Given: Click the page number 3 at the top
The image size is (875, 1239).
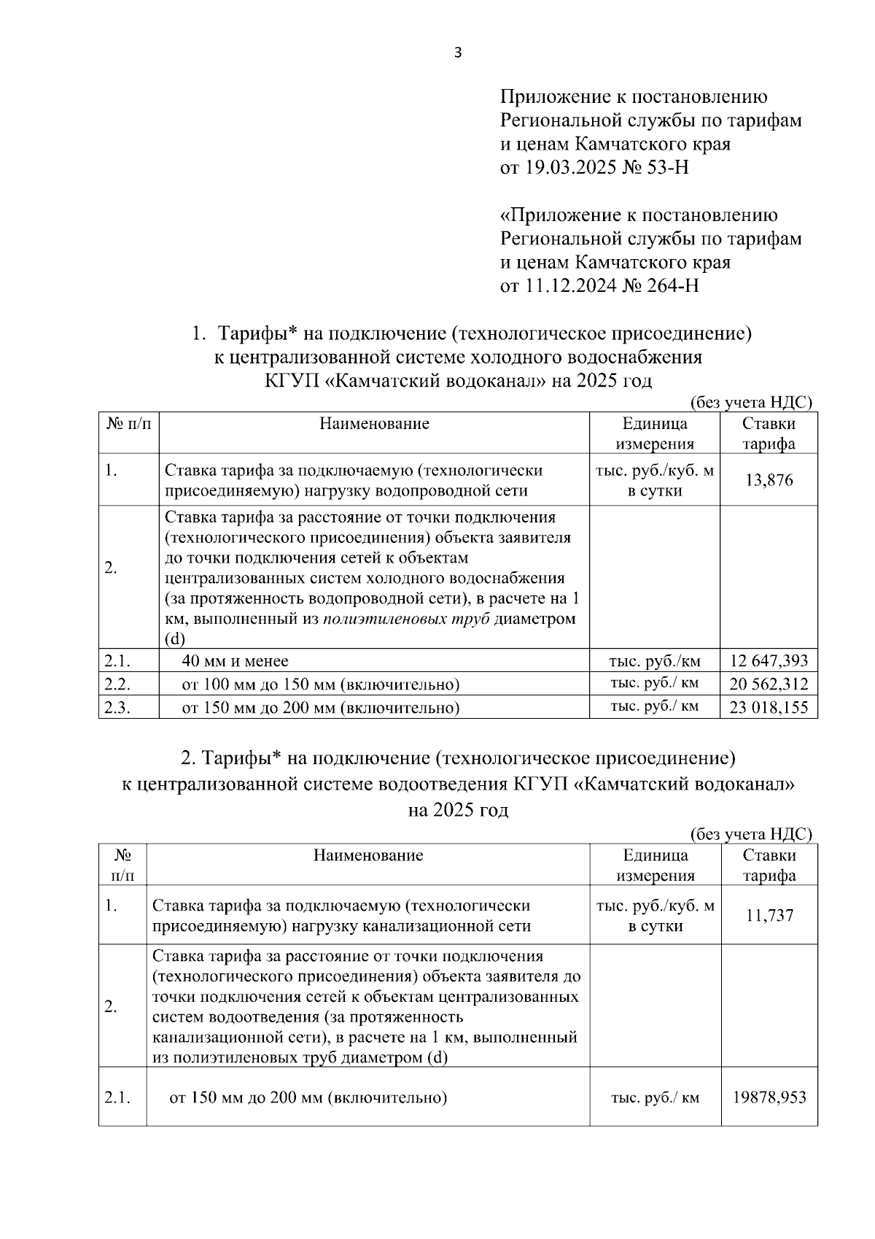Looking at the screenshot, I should coord(458,53).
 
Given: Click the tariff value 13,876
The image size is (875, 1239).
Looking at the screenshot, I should coord(769,481).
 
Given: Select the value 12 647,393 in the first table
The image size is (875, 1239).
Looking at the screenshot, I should coord(769,661).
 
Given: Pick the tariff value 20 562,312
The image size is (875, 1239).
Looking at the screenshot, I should coord(769,684).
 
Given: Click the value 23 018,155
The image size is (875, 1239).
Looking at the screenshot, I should coord(769,707).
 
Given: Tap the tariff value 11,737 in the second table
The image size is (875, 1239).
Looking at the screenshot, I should coord(769,916).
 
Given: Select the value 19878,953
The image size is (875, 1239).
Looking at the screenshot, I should coord(769,1097).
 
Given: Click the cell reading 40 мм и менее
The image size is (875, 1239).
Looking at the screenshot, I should coord(235,661).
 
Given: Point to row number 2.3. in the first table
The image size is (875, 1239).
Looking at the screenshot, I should coord(117,707).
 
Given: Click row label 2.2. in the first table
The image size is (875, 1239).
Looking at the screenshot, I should coord(117,684).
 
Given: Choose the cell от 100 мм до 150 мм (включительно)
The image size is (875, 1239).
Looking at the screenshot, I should coord(321,684).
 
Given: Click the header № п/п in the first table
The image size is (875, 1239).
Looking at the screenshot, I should coord(128,424).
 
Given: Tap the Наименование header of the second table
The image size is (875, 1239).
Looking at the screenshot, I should coord(367,855).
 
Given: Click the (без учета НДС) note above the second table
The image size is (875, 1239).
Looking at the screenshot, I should coord(750,834).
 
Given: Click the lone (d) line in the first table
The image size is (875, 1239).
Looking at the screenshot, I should coord(176,640).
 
